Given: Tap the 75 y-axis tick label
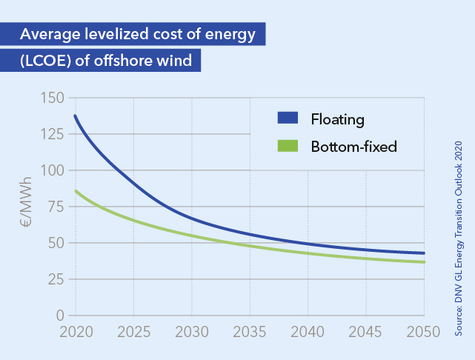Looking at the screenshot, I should coord(56,207).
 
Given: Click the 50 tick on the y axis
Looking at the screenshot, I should coord(56,243).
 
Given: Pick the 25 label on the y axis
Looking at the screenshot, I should coord(56,279).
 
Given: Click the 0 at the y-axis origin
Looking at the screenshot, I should coord(60,316).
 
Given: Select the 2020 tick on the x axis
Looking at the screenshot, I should coord(75,331).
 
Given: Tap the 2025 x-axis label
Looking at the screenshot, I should coord(133,331).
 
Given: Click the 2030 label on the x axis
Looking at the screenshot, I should coord(191,331).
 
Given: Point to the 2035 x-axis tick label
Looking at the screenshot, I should coord(249,331).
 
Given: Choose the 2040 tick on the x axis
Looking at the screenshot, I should coord(307,331).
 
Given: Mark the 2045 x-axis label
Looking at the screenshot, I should coord(365,331).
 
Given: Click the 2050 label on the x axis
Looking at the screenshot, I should coord(422,331).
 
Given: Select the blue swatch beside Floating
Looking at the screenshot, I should coord(287,118).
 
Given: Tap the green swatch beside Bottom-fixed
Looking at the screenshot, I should coord(287,147).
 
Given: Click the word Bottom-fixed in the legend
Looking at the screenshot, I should coord(354,147).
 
